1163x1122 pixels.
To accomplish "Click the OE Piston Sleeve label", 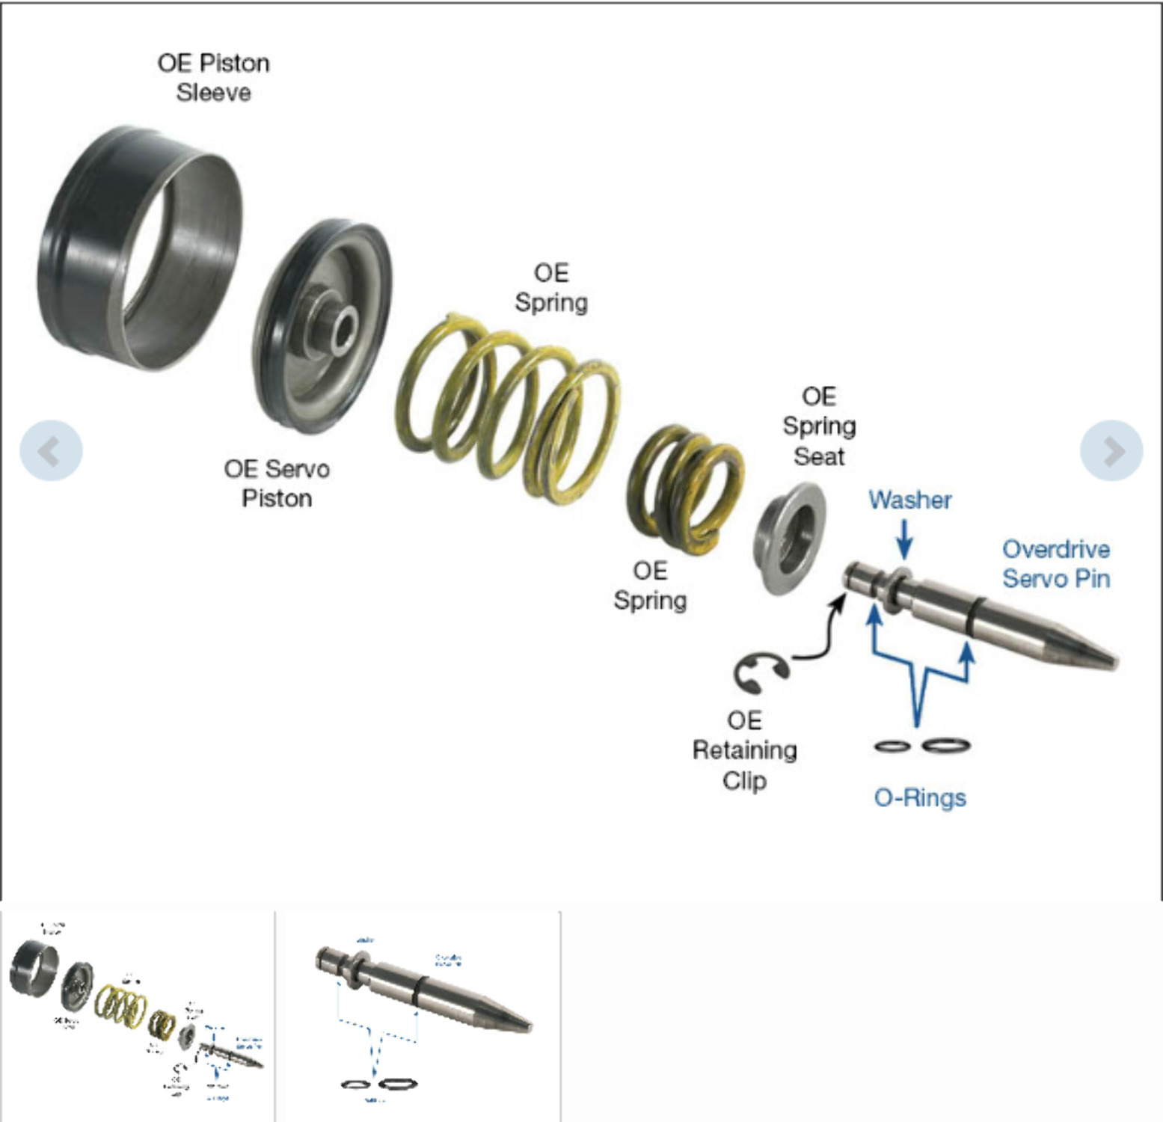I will pos(213,77).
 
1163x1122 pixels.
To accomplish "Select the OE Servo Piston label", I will pos(276,483).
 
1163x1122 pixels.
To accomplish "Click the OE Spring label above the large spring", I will pos(551,287).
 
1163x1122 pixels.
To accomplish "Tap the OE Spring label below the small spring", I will pos(649,585).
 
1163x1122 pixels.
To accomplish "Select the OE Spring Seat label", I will pos(818,426).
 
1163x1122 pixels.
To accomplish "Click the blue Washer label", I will pos(909,500).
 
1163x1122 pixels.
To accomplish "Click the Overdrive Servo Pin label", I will pos(1055,563).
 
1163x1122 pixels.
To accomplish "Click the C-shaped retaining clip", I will pos(757,672).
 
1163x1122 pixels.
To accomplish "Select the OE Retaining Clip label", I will pos(744,749).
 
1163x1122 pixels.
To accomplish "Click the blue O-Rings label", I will pos(919,797).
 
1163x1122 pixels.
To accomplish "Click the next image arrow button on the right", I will pos(1111,450).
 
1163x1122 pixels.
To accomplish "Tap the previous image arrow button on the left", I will pos(51,450).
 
